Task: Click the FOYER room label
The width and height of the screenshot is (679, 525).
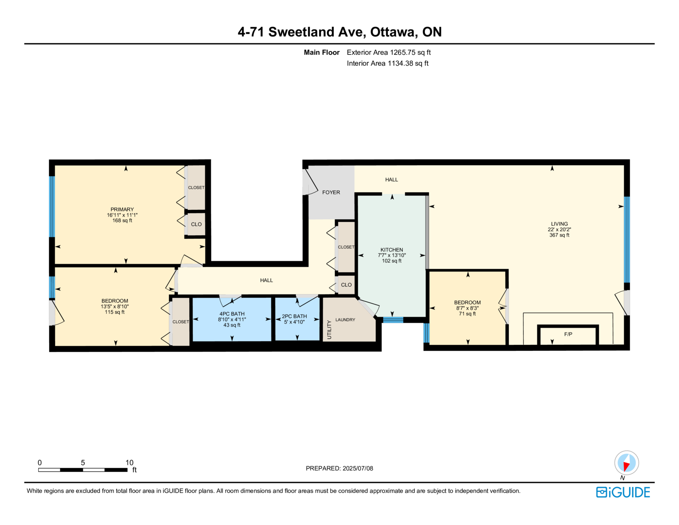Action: [331, 192]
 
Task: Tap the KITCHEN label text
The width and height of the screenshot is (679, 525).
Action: [392, 249]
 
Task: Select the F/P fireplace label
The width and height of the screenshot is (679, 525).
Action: [568, 334]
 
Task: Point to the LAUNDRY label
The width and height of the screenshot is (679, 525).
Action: [345, 319]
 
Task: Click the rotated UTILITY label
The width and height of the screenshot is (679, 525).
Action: [329, 330]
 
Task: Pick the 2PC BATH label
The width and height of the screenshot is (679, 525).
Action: [295, 316]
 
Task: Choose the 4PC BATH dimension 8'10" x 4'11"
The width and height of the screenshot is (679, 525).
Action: [232, 319]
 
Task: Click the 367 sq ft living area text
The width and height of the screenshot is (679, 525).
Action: [559, 235]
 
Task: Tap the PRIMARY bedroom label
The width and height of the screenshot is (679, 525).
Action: [122, 209]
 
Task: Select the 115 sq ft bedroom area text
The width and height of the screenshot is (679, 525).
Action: [115, 312]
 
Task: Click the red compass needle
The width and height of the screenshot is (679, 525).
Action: [626, 466]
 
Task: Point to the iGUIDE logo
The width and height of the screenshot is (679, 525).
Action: [623, 492]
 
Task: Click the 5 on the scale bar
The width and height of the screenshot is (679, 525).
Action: [83, 463]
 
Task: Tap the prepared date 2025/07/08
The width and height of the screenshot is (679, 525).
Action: [358, 468]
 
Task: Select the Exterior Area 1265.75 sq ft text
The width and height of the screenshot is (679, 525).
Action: [389, 52]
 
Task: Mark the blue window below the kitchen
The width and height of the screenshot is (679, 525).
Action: [393, 319]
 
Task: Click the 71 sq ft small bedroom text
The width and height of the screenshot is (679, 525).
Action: [467, 313]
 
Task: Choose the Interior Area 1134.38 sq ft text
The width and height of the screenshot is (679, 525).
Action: [387, 63]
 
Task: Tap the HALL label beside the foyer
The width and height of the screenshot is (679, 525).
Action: [392, 180]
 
